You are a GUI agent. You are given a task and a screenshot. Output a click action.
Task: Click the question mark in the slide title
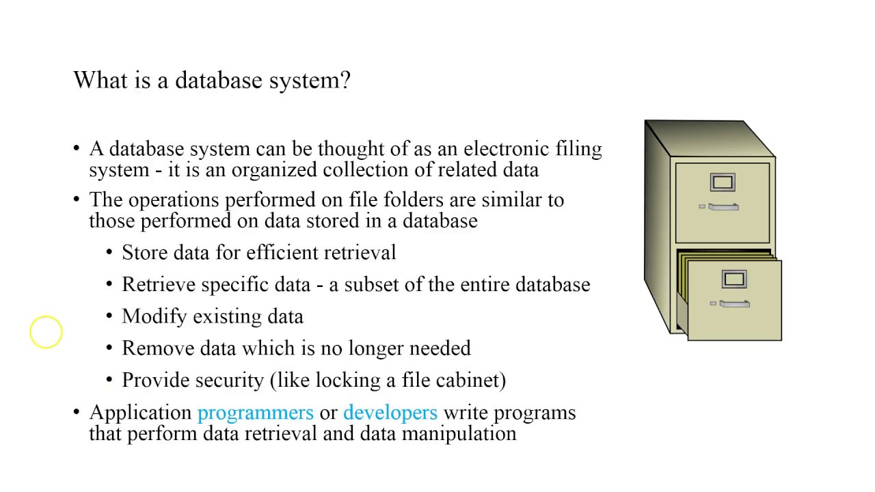[x=345, y=81]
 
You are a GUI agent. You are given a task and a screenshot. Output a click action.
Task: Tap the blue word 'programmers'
[x=255, y=413]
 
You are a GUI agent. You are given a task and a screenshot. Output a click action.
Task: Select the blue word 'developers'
[x=390, y=413]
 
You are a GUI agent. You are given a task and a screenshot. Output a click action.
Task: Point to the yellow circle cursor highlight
[x=46, y=332]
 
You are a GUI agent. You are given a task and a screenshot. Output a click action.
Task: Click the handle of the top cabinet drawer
[x=723, y=206]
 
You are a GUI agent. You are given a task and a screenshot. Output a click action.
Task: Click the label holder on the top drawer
[x=723, y=182]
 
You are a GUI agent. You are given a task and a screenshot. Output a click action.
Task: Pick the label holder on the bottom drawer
[x=733, y=279]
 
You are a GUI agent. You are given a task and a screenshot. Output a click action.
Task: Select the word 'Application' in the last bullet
[x=140, y=413]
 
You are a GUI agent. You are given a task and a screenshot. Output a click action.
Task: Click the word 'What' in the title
[x=98, y=81]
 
